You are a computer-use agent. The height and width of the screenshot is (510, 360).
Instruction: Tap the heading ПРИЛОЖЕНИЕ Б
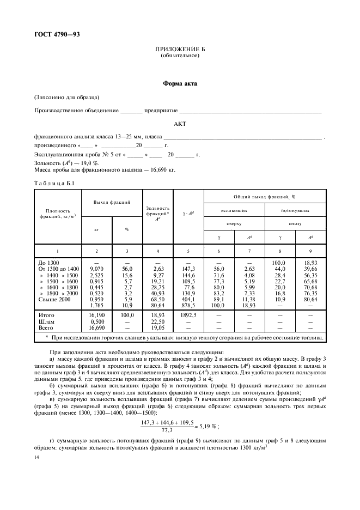point(180,50)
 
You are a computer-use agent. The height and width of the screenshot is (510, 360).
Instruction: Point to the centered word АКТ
point(180,124)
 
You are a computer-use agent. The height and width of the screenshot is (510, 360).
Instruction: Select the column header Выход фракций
point(112,203)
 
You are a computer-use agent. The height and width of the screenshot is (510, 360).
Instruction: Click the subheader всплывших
point(234,209)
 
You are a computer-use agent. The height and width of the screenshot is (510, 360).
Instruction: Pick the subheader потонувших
point(295,209)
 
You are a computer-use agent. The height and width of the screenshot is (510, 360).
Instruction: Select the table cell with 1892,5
point(188,315)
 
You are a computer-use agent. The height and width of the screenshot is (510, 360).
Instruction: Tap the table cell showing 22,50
point(158,321)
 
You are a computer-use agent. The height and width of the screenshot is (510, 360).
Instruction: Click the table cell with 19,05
point(158,327)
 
